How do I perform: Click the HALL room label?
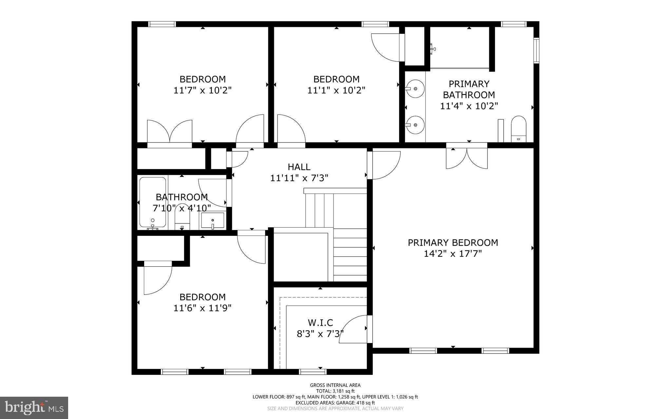pos(299,167)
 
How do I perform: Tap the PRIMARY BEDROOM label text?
pos(453,243)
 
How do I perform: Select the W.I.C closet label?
pos(320,323)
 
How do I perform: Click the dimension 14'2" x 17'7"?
pos(453,254)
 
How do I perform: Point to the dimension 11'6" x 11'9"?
pos(202,308)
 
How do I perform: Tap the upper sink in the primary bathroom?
pos(415,88)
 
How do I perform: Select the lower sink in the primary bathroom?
pos(415,125)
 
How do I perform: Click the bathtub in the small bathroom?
pos(152,202)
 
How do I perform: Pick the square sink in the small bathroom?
pos(213,220)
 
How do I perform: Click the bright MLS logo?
pos(34,408)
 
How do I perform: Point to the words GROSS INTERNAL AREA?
pos(335,385)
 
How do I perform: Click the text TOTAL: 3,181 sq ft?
pos(335,391)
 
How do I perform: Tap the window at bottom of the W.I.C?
pos(313,372)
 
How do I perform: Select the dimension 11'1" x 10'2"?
pos(336,90)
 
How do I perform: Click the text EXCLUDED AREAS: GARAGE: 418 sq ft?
pos(335,403)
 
